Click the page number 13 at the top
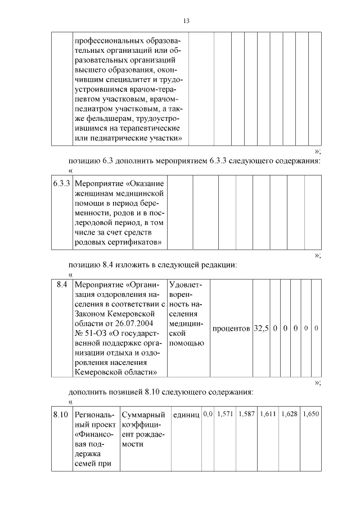tap(186, 21)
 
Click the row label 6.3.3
tap(61, 183)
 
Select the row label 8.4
tap(62, 285)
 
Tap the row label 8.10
tap(61, 415)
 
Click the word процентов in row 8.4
tap(231, 328)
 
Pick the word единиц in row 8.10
tap(186, 415)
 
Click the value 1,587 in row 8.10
tap(246, 414)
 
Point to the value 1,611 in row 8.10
tap(268, 414)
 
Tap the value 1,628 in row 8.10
tap(289, 414)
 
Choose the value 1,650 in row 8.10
tap(310, 414)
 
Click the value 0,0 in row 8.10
tap(208, 414)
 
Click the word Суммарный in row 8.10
tap(143, 415)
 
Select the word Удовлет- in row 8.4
tap(185, 285)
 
